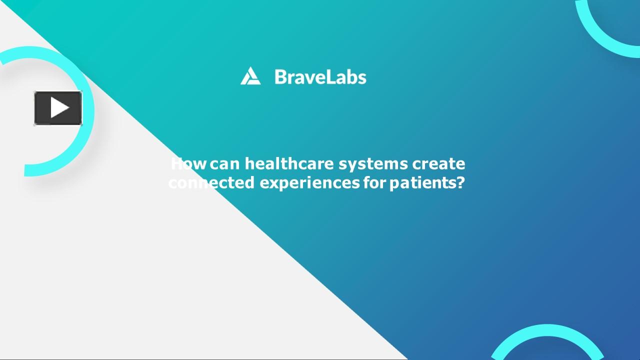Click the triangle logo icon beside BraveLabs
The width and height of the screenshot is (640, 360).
point(250,76)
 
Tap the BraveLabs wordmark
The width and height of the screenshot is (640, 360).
point(320,77)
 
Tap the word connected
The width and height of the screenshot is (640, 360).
point(211,183)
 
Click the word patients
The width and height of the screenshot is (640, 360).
point(421,183)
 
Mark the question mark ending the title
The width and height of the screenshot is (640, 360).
point(460,183)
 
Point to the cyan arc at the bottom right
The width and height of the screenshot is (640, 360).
point(548,330)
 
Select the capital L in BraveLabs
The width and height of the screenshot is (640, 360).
point(332,77)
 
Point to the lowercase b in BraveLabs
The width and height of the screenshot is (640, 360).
point(351,77)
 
